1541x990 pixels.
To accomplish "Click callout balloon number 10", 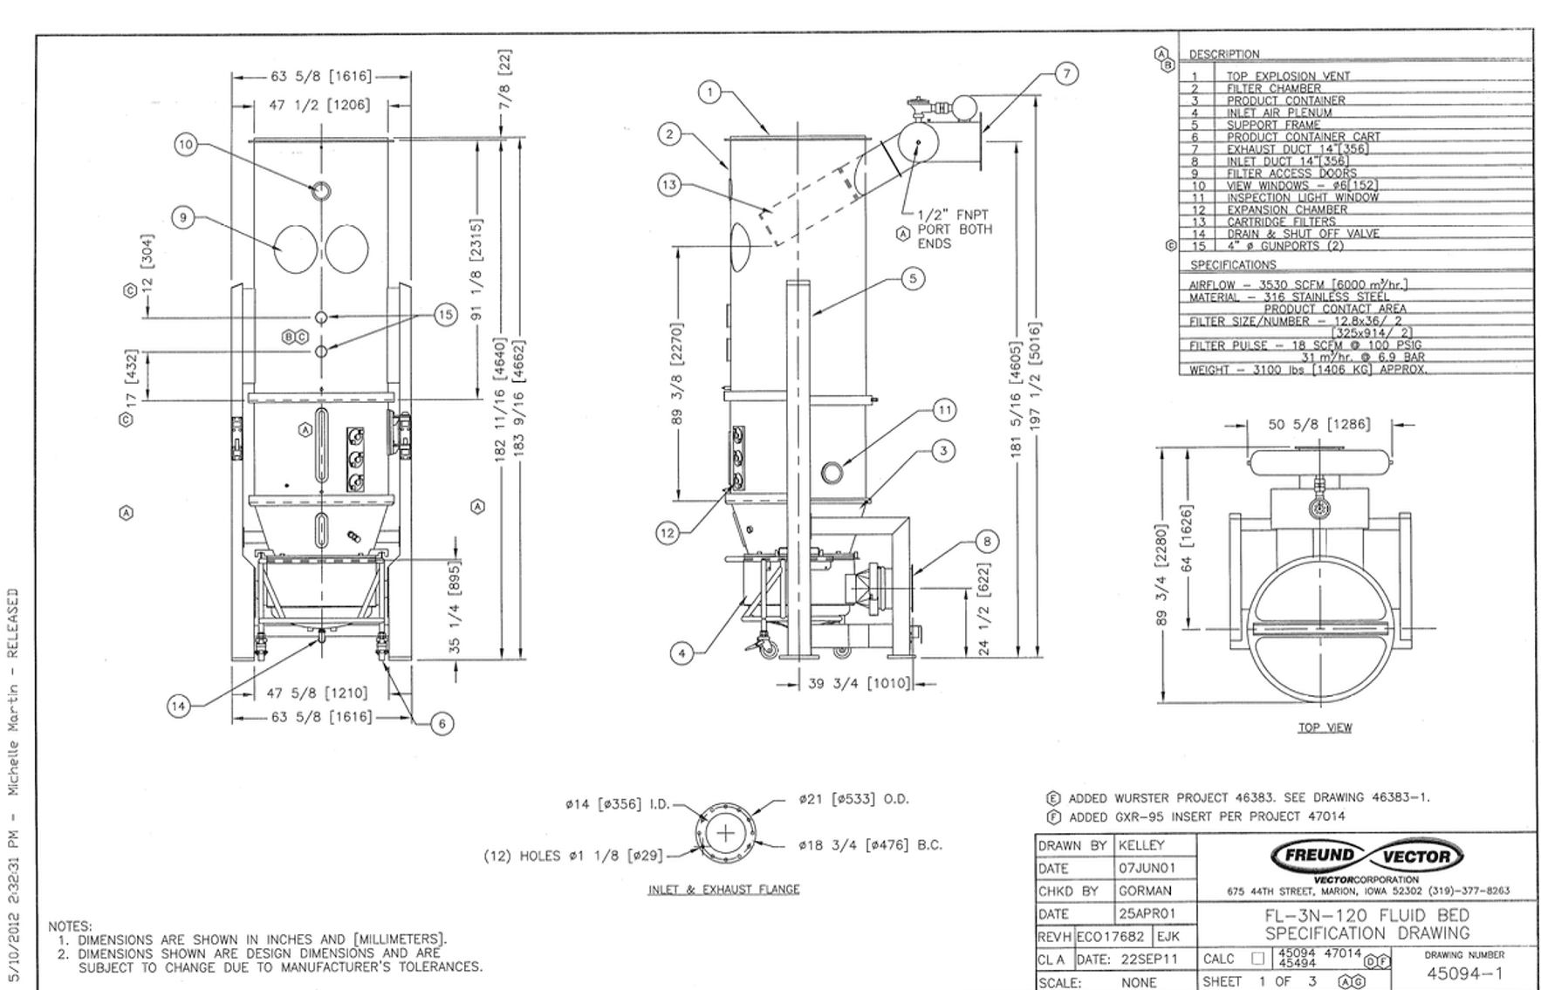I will (x=185, y=145).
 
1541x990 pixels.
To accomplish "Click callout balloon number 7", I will (x=1066, y=73).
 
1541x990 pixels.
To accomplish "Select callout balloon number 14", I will (x=179, y=706).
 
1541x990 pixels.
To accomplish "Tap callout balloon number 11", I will (x=944, y=410).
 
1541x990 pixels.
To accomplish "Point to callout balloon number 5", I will (x=913, y=279).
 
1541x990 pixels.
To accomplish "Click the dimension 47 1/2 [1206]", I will (x=318, y=106).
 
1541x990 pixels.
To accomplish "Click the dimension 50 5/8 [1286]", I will (x=1318, y=425).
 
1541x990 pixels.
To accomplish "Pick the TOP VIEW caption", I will (x=1324, y=727).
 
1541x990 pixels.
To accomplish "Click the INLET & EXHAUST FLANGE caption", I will (x=723, y=890).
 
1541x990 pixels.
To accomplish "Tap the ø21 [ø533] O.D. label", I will (x=853, y=799).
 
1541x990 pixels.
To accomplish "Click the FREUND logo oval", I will (x=1318, y=856).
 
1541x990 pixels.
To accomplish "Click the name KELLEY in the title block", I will (x=1141, y=845).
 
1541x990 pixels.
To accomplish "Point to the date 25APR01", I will (x=1147, y=914).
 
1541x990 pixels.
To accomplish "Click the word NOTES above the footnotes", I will (x=69, y=926).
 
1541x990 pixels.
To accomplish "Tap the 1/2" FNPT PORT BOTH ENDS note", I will (x=953, y=229).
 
